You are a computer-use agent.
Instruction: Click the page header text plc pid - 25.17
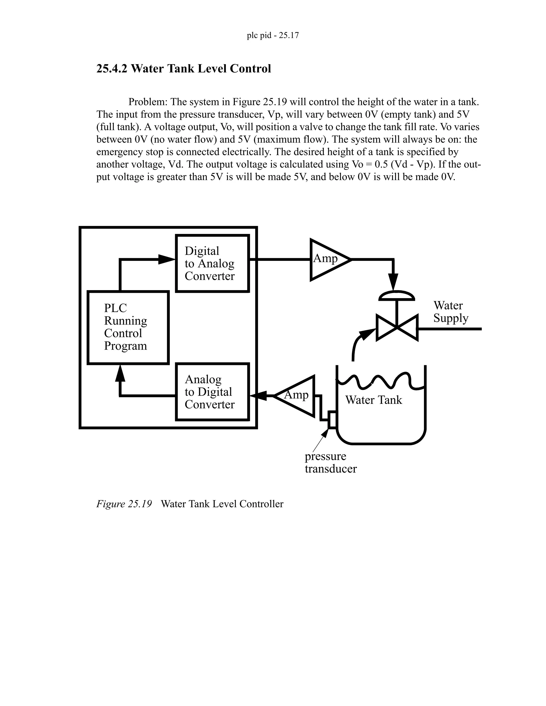coord(273,35)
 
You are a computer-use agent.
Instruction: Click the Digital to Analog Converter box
coord(212,263)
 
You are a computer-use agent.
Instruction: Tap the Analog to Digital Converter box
coord(212,392)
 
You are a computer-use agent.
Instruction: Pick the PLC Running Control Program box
coord(128,327)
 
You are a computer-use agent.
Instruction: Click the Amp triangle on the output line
coord(327,259)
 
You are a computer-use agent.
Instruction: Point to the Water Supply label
coord(451,312)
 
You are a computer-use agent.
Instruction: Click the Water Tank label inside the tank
coord(374,400)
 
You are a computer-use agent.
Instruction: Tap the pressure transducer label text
coord(330,462)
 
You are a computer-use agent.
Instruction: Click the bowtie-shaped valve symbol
coord(397,327)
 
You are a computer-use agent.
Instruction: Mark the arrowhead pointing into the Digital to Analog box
coord(166,259)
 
